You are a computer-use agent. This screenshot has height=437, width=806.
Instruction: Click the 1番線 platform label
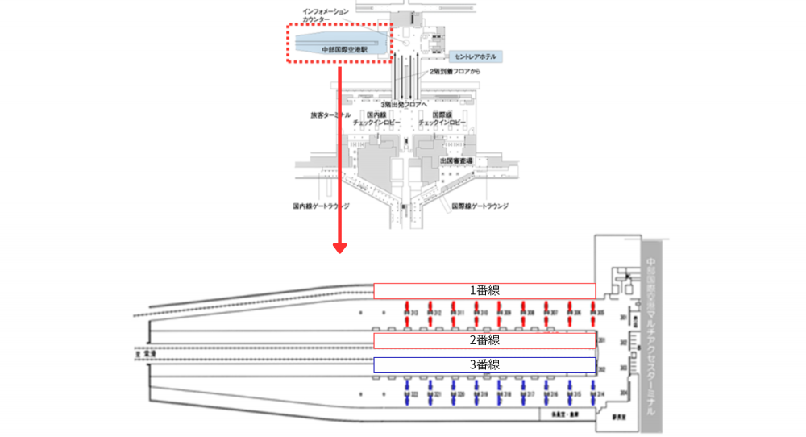tap(484, 291)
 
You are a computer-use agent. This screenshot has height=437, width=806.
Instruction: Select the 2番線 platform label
tap(484, 340)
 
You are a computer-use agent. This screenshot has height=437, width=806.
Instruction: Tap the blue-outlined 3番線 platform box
tap(484, 364)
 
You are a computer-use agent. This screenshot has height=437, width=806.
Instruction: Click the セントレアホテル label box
tap(477, 56)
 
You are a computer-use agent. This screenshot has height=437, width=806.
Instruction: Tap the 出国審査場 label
tap(456, 161)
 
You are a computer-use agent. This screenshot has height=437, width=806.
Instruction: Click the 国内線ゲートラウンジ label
tap(322, 206)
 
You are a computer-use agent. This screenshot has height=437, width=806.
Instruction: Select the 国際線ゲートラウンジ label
tap(480, 206)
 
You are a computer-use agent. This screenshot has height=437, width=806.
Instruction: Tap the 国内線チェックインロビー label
tap(379, 119)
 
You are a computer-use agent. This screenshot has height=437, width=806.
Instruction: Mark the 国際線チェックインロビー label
tap(443, 119)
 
